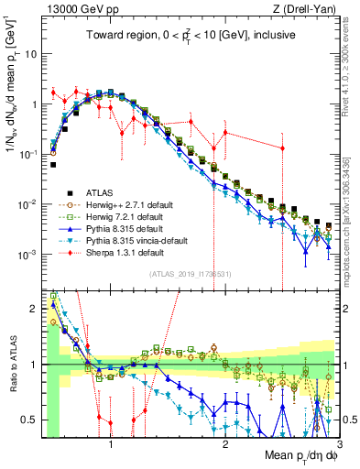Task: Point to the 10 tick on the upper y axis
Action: tap(30, 54)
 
